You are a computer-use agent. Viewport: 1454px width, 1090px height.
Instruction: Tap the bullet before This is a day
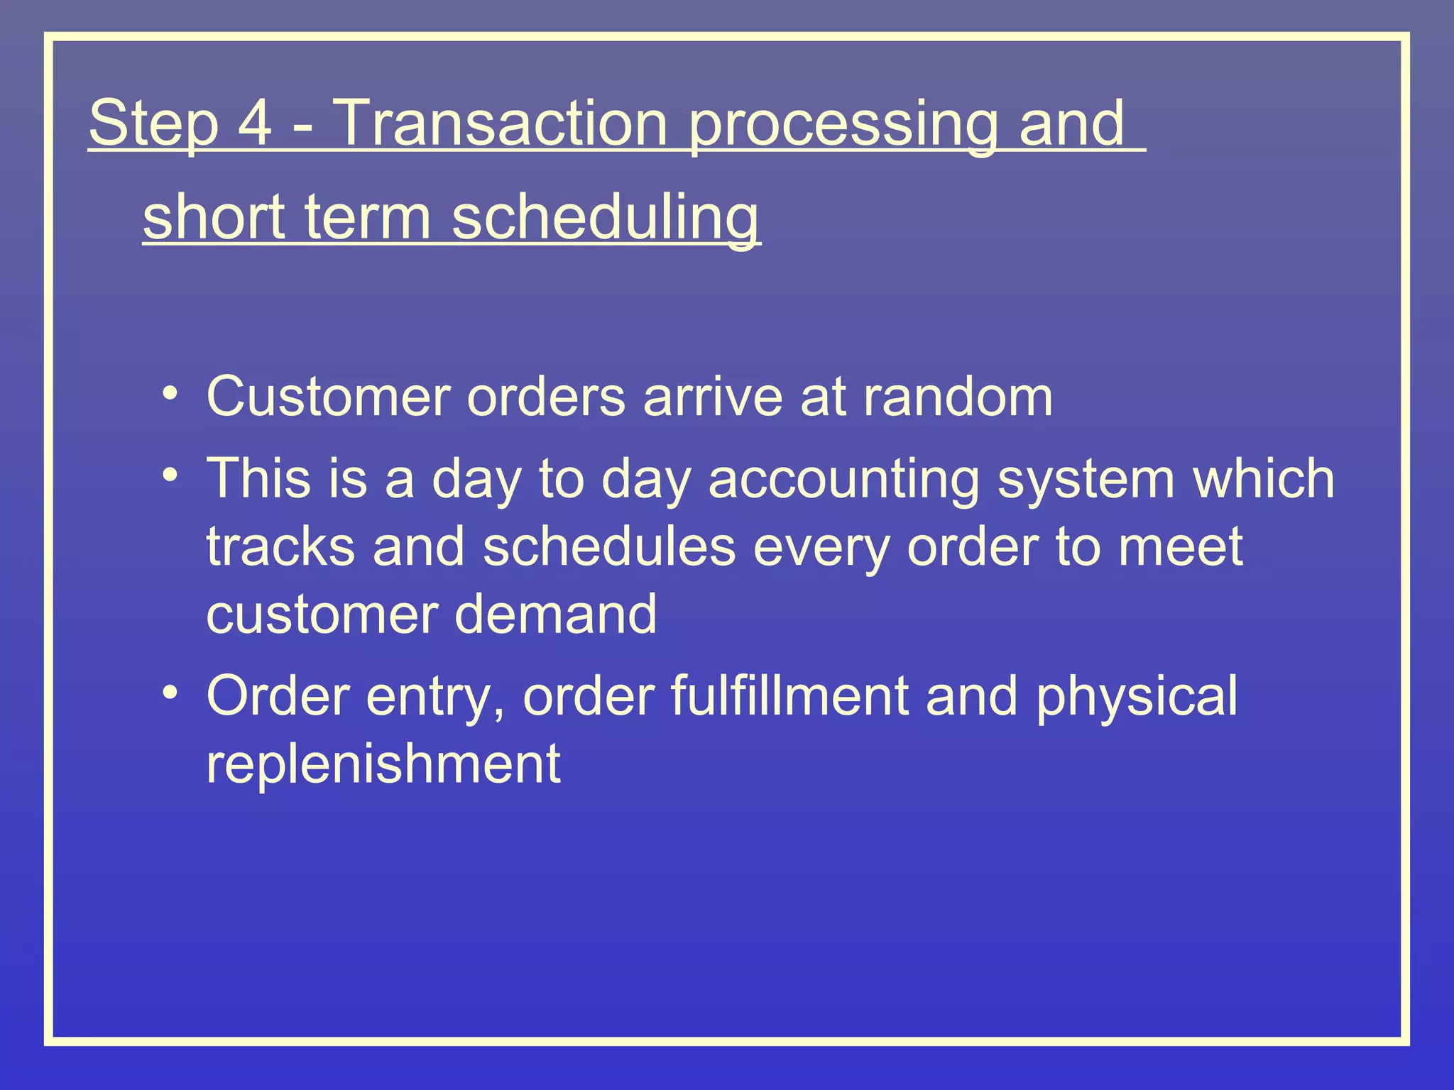point(169,476)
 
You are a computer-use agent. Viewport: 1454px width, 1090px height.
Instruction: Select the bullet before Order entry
point(169,693)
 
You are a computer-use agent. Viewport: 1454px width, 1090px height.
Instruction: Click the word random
point(958,397)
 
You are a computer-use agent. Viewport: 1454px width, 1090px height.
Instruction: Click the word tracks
point(280,546)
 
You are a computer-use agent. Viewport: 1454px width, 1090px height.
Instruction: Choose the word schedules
point(609,546)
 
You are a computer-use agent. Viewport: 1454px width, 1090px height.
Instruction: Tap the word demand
point(556,614)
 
